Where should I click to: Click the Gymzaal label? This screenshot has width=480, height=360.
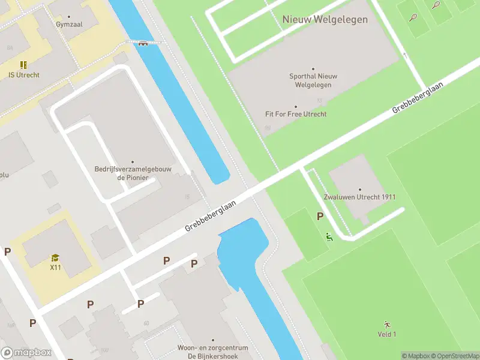click(x=68, y=25)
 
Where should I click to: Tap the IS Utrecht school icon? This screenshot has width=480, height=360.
click(x=23, y=65)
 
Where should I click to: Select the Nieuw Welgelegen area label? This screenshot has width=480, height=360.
click(x=325, y=19)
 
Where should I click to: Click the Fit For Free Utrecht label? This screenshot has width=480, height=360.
click(x=296, y=113)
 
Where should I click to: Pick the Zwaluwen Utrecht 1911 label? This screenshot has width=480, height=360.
click(x=359, y=197)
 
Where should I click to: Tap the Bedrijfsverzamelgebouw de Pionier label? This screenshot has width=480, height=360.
click(x=133, y=173)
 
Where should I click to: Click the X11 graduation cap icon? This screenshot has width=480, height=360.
click(x=55, y=258)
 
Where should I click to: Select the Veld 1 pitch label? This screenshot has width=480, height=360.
click(x=386, y=334)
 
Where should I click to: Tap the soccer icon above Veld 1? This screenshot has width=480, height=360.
click(x=386, y=324)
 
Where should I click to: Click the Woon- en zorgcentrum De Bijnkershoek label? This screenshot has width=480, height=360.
click(x=205, y=352)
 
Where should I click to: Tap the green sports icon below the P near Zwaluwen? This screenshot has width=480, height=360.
click(x=328, y=237)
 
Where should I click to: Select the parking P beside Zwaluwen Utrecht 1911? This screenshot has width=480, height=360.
click(x=320, y=217)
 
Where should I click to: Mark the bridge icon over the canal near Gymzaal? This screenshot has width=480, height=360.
click(x=143, y=43)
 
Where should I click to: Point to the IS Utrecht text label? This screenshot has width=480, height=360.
click(x=24, y=75)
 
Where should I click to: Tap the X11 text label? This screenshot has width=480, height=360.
click(x=55, y=268)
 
